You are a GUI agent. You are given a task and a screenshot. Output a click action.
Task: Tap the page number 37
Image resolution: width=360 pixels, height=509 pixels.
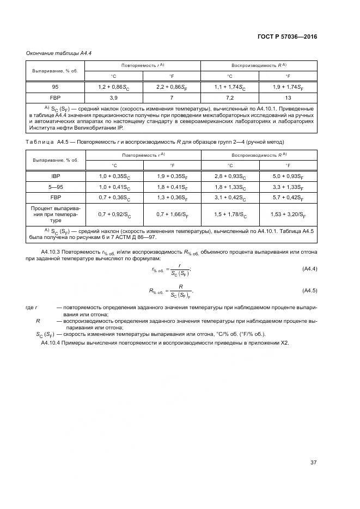[x=313, y=463]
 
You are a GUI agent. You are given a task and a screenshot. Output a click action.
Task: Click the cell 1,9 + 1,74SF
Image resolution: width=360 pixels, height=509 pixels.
[x=288, y=87]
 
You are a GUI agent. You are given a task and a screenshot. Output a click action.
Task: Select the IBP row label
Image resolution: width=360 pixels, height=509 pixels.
[x=55, y=176]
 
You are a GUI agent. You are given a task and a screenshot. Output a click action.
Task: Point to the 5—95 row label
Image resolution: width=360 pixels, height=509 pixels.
[x=55, y=186]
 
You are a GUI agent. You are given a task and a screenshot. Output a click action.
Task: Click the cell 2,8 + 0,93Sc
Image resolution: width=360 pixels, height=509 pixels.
[x=229, y=176]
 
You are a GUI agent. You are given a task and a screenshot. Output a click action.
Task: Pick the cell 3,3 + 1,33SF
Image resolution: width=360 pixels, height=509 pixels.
[x=288, y=186]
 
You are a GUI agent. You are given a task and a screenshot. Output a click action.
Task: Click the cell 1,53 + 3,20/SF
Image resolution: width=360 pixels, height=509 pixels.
[x=288, y=214]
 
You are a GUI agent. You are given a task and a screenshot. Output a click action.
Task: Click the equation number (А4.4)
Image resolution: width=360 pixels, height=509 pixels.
[x=309, y=269]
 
